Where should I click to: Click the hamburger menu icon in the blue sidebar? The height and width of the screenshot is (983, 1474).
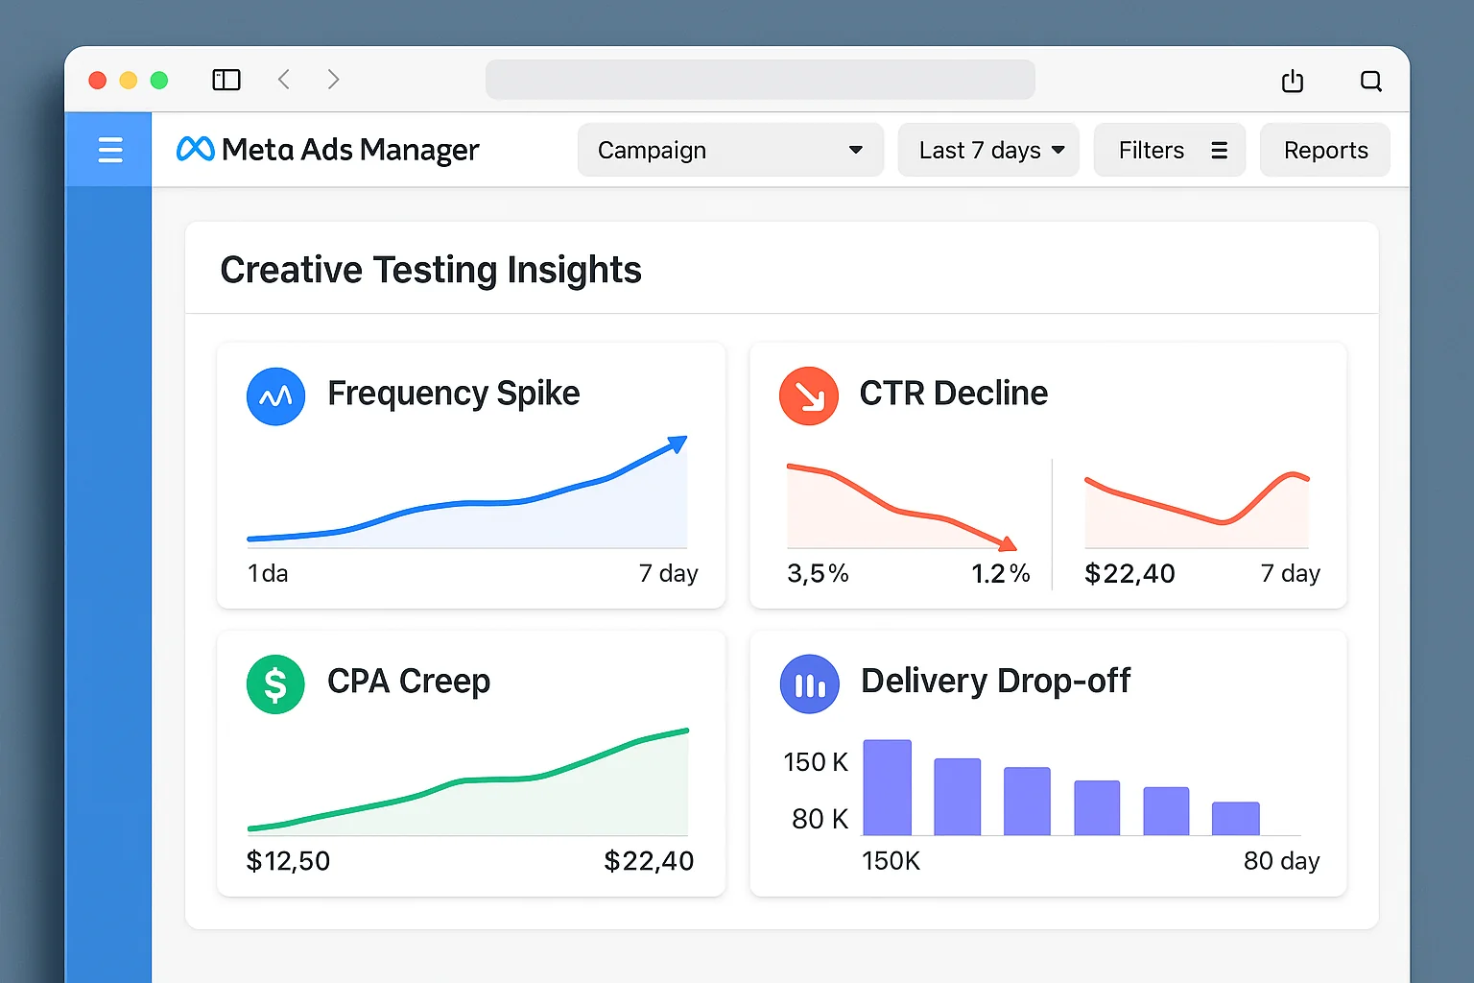click(x=110, y=150)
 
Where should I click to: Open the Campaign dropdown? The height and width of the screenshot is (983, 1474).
click(x=729, y=150)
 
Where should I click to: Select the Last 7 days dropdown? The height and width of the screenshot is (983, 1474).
click(x=988, y=150)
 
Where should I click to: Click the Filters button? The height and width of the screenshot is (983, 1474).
click(x=1169, y=150)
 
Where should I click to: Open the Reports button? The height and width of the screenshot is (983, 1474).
click(x=1324, y=150)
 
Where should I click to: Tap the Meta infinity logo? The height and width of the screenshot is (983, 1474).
click(x=196, y=149)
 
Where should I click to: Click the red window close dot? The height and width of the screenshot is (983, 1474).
click(x=97, y=80)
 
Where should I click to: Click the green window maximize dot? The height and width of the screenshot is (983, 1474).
click(x=159, y=80)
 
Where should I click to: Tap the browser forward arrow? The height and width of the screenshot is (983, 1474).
click(x=333, y=80)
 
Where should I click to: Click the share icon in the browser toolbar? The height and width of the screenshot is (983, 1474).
click(x=1293, y=81)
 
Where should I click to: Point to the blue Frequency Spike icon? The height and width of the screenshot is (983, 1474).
click(x=275, y=396)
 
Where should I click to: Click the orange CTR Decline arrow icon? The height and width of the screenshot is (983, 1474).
click(x=809, y=396)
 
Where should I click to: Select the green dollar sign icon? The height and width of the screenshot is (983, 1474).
click(x=275, y=684)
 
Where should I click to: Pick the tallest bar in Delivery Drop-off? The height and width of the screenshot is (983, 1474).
click(x=887, y=787)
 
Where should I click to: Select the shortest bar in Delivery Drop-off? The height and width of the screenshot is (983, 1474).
click(x=1235, y=818)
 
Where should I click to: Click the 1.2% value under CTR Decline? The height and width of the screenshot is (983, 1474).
click(x=1000, y=574)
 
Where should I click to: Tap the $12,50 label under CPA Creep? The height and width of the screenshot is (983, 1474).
click(x=288, y=861)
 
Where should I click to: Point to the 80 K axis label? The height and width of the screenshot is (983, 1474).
click(x=820, y=819)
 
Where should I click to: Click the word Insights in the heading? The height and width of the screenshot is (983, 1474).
click(x=574, y=270)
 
